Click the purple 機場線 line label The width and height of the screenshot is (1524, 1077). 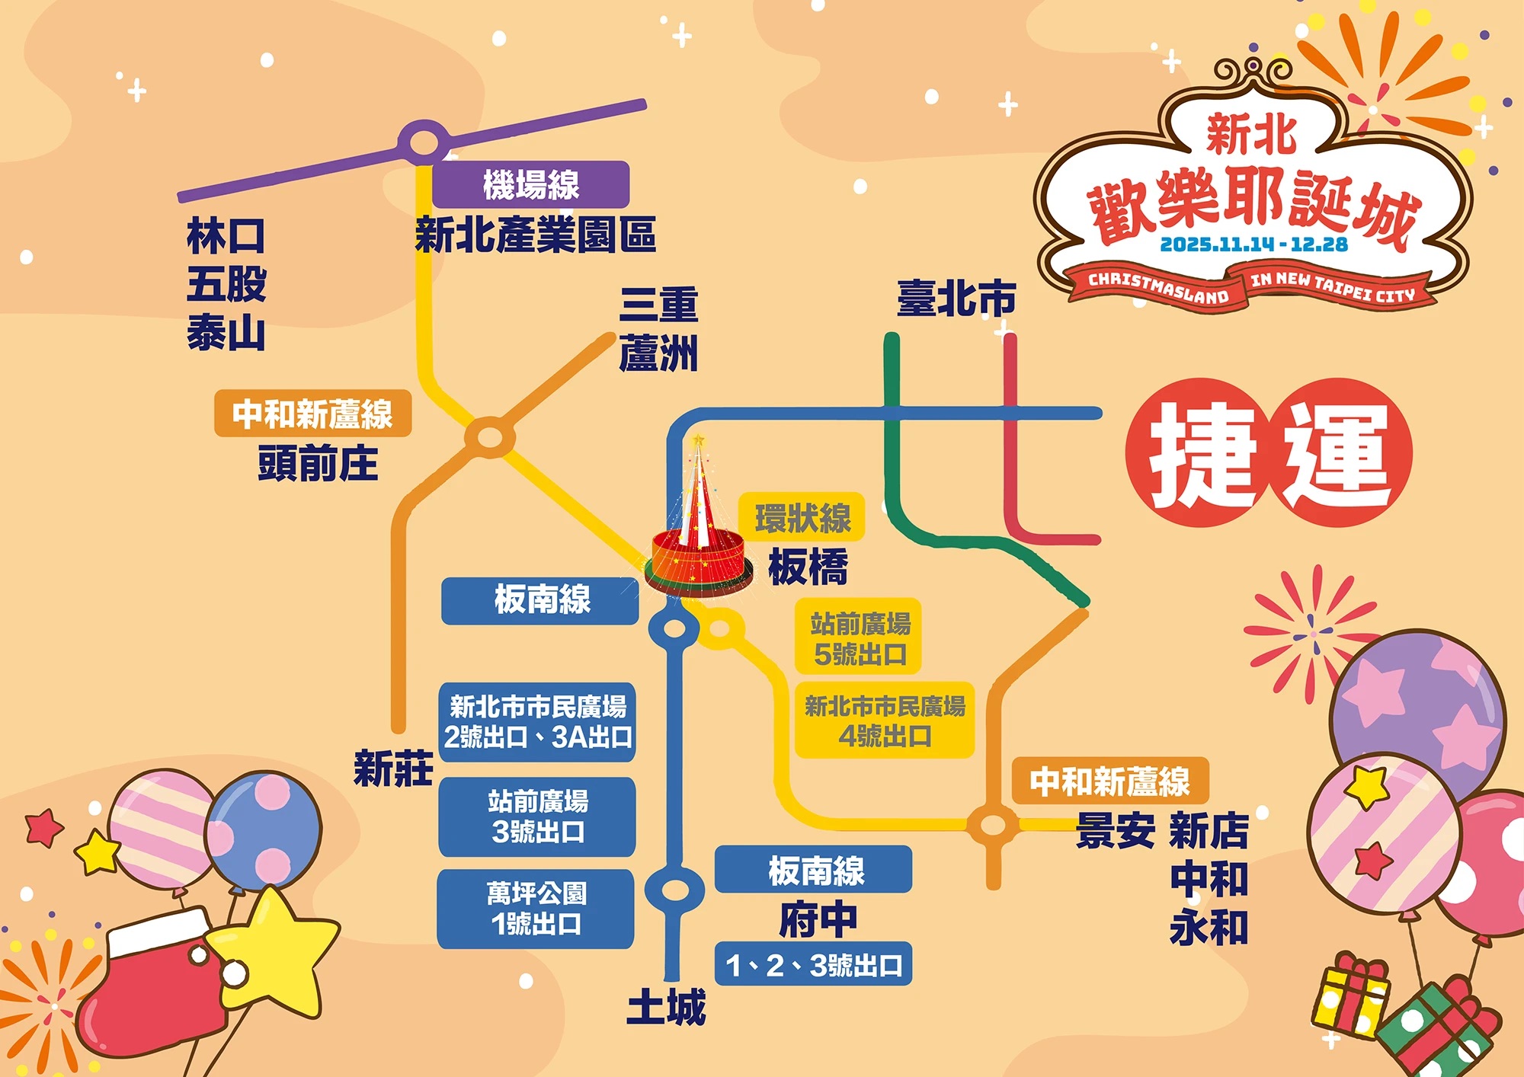[530, 184]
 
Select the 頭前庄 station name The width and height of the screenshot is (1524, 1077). [318, 463]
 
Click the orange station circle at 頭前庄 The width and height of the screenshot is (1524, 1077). [490, 438]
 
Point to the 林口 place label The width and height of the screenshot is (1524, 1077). [226, 236]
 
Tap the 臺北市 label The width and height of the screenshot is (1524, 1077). [956, 298]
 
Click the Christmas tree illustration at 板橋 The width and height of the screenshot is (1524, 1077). [698, 533]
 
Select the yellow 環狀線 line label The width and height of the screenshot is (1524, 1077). [802, 518]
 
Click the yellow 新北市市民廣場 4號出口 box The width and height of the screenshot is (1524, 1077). [885, 721]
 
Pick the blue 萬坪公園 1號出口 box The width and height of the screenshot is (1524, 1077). [536, 909]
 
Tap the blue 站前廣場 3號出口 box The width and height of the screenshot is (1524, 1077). [537, 817]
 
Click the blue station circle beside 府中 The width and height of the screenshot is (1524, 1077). [674, 889]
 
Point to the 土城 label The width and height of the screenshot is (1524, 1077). [666, 1007]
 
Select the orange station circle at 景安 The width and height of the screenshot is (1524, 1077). [993, 824]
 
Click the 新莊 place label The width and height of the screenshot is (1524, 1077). [393, 768]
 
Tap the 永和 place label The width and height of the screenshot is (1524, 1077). [1209, 928]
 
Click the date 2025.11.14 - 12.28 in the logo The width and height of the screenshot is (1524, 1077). [1253, 244]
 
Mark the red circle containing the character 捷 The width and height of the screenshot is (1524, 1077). [1199, 452]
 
